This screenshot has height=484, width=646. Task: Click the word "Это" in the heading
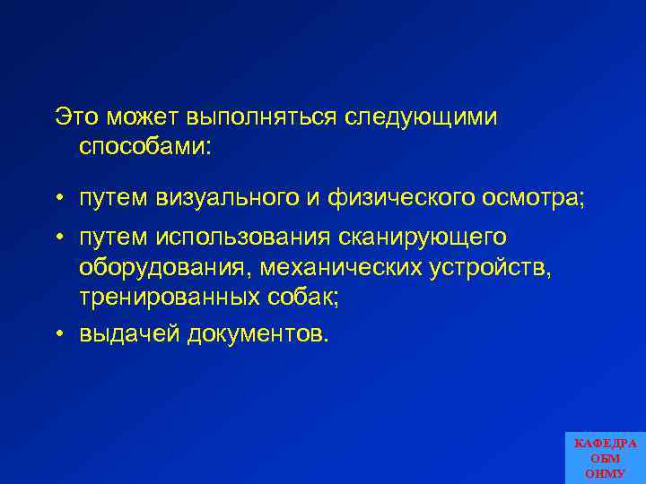pos(75,117)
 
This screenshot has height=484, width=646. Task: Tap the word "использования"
pos(243,237)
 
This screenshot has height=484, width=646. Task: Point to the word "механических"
pos(355,267)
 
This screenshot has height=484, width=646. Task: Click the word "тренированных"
pos(170,297)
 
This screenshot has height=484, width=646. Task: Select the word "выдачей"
pos(129,333)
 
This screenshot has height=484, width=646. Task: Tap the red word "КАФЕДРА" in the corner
pos(605,444)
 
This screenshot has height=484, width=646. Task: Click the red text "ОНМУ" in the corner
pos(606,473)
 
